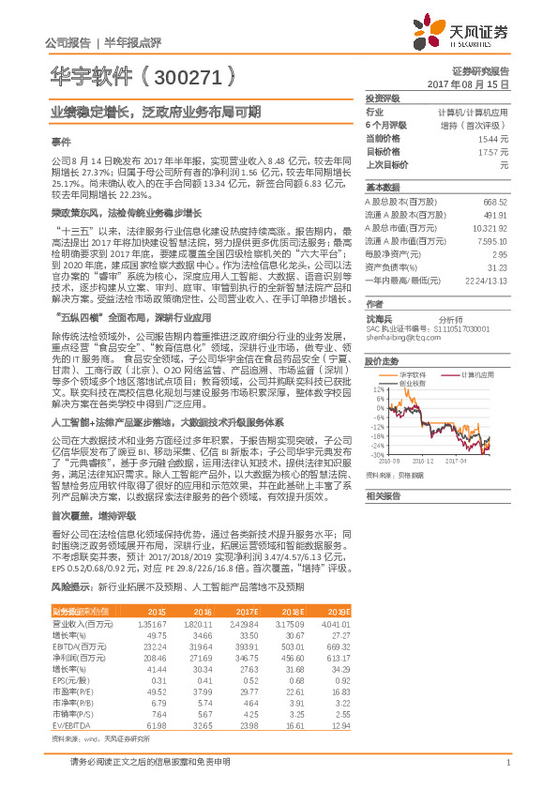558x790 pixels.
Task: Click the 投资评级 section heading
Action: (x=383, y=99)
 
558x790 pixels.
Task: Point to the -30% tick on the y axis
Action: (x=378, y=454)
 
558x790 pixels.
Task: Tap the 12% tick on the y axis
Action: (x=379, y=388)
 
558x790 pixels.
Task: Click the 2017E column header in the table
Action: (x=245, y=611)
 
